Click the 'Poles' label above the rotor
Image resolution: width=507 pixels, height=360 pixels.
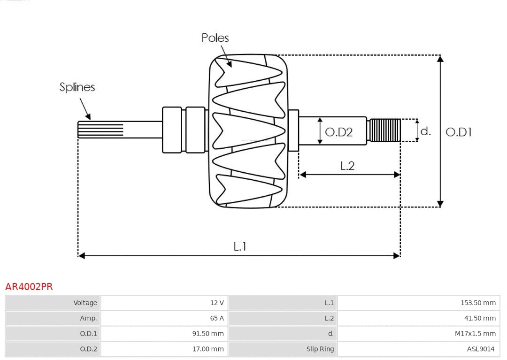click(x=215, y=38)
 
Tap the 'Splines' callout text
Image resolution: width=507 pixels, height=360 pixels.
click(x=77, y=87)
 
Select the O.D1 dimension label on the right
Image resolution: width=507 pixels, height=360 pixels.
click(x=458, y=132)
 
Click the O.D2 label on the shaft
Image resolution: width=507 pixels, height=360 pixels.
click(x=338, y=132)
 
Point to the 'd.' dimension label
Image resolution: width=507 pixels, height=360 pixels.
click(x=425, y=131)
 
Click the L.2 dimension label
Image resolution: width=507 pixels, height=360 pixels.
click(x=347, y=166)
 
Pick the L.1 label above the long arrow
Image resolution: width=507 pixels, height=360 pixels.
click(x=240, y=246)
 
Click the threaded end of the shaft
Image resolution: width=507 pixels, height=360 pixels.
click(x=385, y=130)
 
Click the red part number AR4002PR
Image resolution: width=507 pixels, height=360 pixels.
click(x=29, y=287)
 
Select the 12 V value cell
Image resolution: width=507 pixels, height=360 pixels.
click(x=217, y=303)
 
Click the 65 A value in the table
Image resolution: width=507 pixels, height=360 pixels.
click(x=217, y=318)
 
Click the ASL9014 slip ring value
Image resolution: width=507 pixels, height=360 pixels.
click(x=480, y=349)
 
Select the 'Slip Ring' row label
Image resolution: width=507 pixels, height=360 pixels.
click(x=320, y=349)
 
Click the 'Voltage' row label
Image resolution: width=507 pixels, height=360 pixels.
click(x=85, y=303)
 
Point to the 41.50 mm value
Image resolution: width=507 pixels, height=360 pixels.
click(x=480, y=318)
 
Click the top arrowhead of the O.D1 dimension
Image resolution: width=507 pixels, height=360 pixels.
click(x=440, y=58)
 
